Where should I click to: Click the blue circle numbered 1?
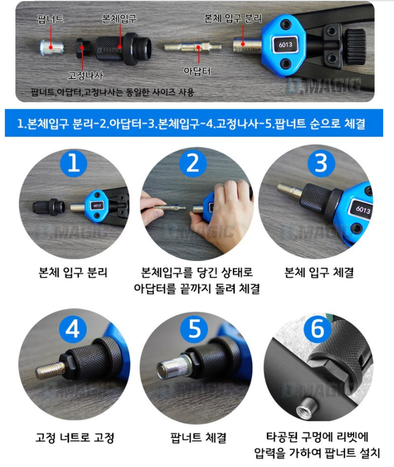pyautogui.click(x=73, y=164)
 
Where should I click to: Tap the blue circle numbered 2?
pyautogui.click(x=192, y=164)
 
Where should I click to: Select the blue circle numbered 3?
pyautogui.click(x=321, y=164)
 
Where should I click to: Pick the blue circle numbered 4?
pyautogui.click(x=72, y=330)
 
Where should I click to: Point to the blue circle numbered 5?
pyautogui.click(x=195, y=329)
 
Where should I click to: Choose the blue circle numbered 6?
pyautogui.click(x=317, y=329)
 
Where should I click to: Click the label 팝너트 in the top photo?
pyautogui.click(x=51, y=19)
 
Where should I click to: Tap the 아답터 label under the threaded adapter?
pyautogui.click(x=197, y=71)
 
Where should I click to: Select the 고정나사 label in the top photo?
pyautogui.click(x=86, y=75)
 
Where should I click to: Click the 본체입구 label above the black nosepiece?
pyautogui.click(x=119, y=19)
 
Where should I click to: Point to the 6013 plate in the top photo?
pyautogui.click(x=286, y=45)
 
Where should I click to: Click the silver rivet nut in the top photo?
pyautogui.click(x=52, y=47)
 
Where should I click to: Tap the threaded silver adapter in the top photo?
pyautogui.click(x=192, y=47)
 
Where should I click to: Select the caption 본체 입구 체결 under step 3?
pyautogui.click(x=319, y=272)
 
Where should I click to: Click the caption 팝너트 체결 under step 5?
pyautogui.click(x=198, y=437)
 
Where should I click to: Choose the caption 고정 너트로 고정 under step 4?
pyautogui.click(x=75, y=437)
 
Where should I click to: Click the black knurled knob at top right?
pyautogui.click(x=355, y=46)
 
